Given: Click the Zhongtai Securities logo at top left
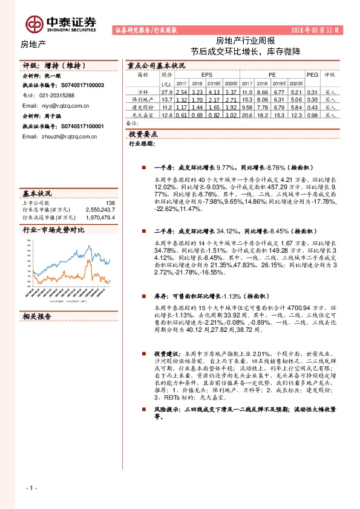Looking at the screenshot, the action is pyautogui.click(x=61, y=22).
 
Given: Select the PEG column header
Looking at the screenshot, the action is pyautogui.click(x=312, y=74).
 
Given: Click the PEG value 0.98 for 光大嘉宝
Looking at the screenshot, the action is pyautogui.click(x=312, y=114).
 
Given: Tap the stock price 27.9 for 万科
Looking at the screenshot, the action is pyautogui.click(x=167, y=91).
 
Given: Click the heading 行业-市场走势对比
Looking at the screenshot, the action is pyautogui.click(x=53, y=230).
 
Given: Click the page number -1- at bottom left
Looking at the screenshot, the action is pyautogui.click(x=31, y=487).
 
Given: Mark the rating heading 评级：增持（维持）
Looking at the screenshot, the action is pyautogui.click(x=57, y=65).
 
